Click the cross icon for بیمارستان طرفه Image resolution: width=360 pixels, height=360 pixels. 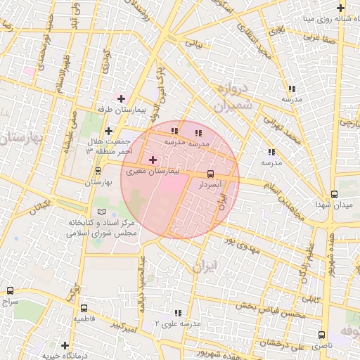click(x=121, y=98)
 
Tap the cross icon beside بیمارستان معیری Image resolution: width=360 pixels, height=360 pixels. click(x=153, y=160)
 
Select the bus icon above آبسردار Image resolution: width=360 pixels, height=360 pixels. click(x=210, y=174)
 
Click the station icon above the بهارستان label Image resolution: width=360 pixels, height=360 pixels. click(x=98, y=171)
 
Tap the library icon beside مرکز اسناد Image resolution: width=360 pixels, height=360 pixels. click(x=102, y=212)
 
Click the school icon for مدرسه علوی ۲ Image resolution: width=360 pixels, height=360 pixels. click(x=177, y=312)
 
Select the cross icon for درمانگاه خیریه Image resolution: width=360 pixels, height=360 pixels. click(x=65, y=345)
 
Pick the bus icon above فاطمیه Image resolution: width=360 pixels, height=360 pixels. click(x=84, y=308)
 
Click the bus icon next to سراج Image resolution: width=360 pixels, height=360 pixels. click(x=10, y=290)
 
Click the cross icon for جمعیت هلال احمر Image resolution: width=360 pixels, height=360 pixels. click(x=108, y=131)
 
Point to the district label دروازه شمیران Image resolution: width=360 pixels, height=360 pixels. click(x=229, y=99)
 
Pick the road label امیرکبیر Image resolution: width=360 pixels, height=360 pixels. click(x=125, y=326)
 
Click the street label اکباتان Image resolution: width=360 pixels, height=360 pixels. click(x=39, y=207)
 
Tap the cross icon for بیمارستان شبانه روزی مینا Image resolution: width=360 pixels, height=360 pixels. click(x=340, y=8)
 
